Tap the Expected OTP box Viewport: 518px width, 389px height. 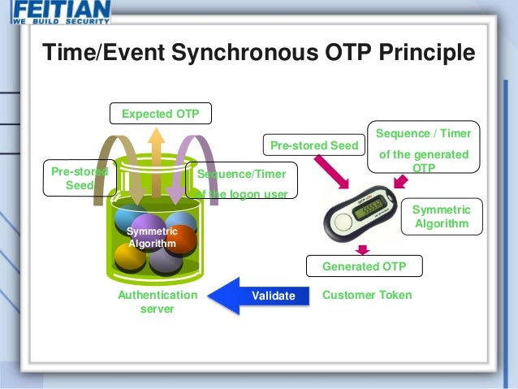coord(160,114)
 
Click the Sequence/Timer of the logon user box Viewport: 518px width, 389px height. coord(242,181)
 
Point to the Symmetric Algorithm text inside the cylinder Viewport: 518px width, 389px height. coord(152,238)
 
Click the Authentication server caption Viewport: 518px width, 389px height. coord(158,301)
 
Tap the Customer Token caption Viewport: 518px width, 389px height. coord(367,295)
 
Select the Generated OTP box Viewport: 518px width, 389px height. coord(364,266)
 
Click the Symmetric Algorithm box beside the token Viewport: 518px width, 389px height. coord(441,216)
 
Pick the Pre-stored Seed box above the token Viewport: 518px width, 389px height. coord(313,146)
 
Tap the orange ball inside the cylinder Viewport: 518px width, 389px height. coord(181,240)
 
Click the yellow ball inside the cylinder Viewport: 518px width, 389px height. coord(130,258)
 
